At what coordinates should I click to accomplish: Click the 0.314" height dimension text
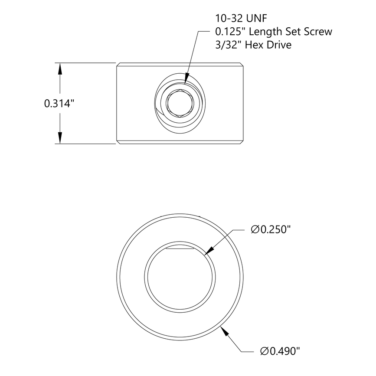(59, 104)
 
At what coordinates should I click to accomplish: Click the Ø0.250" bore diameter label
(270, 229)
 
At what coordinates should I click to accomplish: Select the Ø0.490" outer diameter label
(280, 351)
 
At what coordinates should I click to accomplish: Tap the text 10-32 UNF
(242, 18)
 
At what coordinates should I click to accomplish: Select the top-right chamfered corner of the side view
(242, 65)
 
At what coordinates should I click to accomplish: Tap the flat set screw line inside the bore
(180, 250)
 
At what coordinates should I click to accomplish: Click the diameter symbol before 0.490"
(265, 351)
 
